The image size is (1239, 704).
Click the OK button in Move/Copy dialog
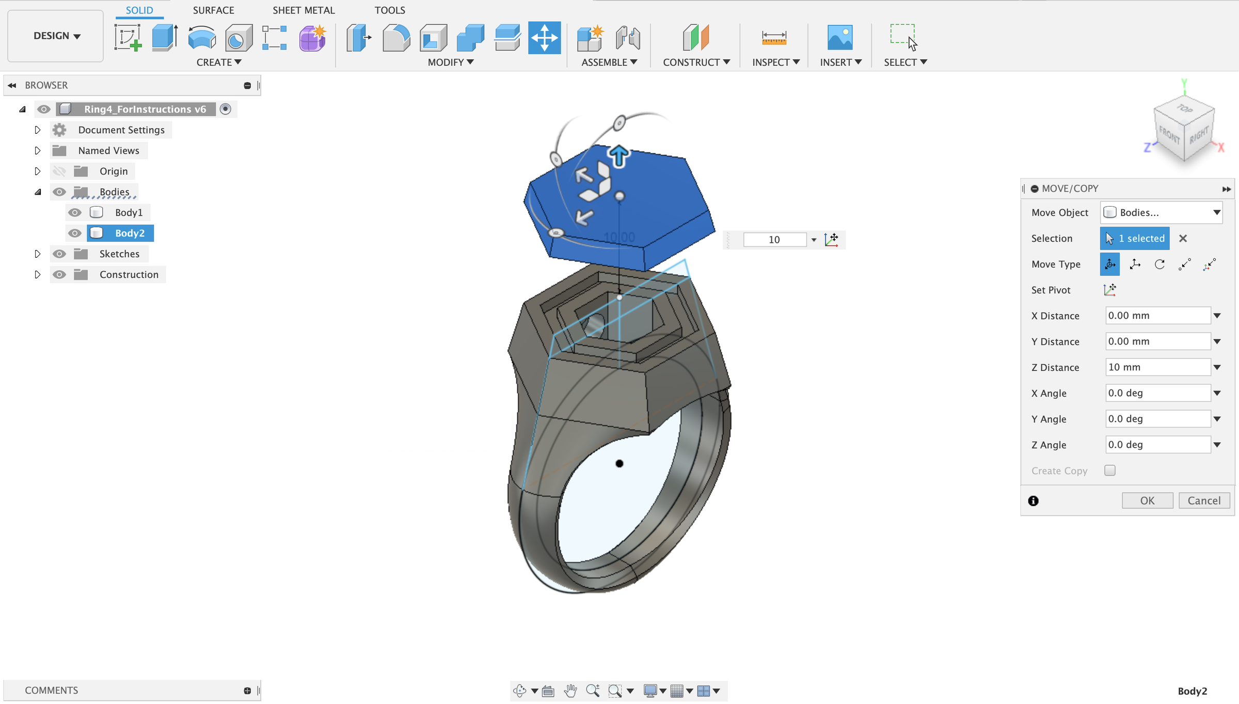pos(1147,500)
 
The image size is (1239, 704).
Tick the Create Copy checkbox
pos(1109,471)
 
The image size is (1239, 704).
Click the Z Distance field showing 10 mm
pos(1157,367)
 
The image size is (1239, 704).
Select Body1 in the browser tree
pos(129,212)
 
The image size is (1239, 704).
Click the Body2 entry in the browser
pos(130,233)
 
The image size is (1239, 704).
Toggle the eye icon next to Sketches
pos(59,254)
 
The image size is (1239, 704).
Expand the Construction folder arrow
pos(37,274)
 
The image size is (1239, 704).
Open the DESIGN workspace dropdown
pos(56,36)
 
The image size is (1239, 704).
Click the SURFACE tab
pos(213,10)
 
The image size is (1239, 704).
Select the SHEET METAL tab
pos(304,10)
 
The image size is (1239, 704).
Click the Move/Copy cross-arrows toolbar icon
pos(544,38)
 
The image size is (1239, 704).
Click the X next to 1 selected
pos(1183,238)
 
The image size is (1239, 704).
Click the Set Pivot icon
pos(1109,290)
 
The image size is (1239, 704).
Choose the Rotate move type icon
pos(1159,264)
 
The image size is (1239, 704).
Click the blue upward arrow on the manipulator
pos(618,155)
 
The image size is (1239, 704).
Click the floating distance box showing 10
pos(774,240)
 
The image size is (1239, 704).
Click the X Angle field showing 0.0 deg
pos(1157,393)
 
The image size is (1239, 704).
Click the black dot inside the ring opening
pos(619,463)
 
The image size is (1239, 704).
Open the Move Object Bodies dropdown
pos(1161,212)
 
